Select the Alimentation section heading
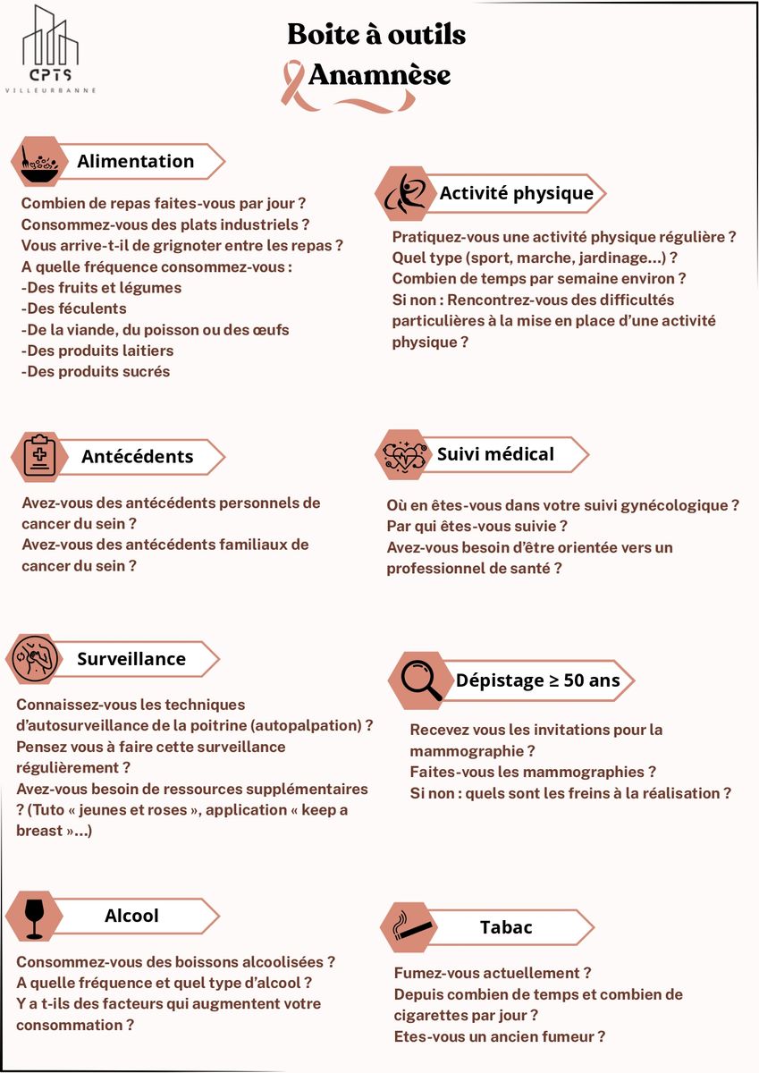coord(135,161)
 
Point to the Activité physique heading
coord(516,193)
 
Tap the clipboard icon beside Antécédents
coord(38,456)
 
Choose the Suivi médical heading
coord(495,454)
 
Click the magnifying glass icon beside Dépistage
coord(420,680)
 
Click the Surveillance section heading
coord(131,659)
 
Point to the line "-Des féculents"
coord(74,308)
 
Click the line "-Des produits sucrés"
coord(96,371)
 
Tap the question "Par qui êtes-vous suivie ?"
coord(477,526)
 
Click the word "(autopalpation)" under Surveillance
coord(309,725)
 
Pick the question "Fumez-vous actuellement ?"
coord(493,973)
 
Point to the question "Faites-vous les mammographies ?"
coord(533,772)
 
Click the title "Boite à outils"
coord(376,35)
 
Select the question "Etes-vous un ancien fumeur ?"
coord(500,1036)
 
